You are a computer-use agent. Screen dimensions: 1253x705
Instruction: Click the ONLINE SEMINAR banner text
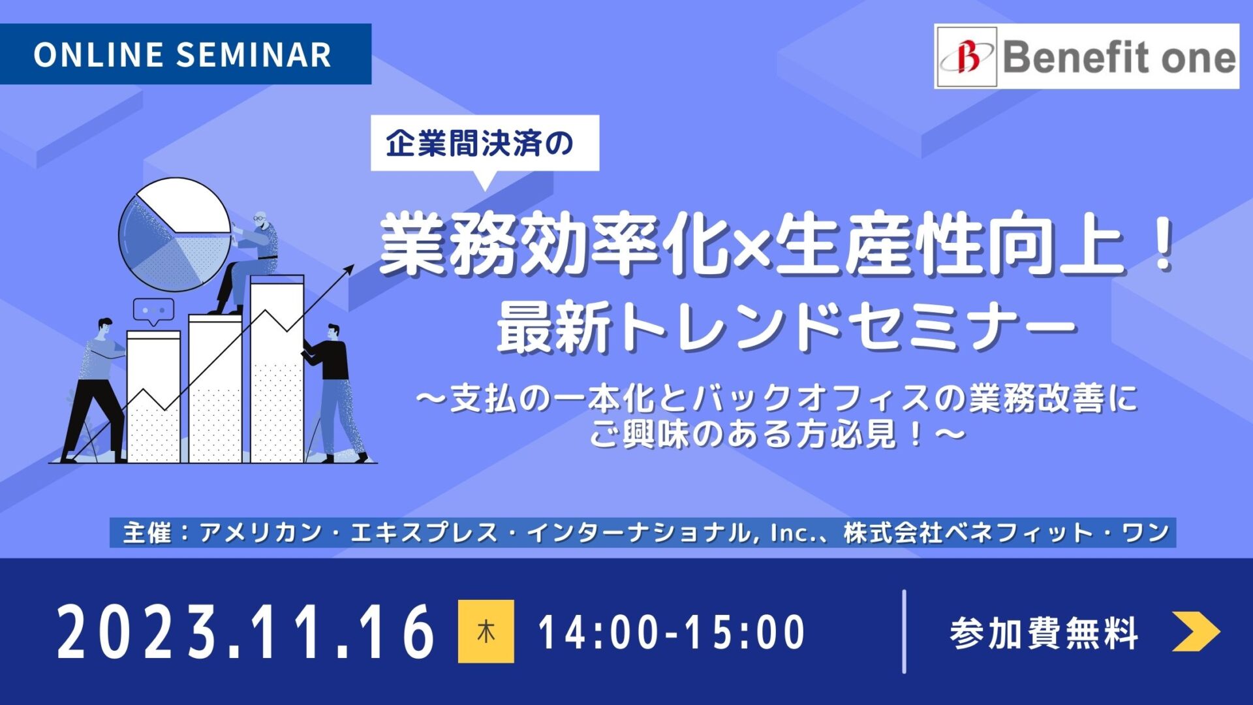tap(183, 54)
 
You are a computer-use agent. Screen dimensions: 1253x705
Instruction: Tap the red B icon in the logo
tap(968, 57)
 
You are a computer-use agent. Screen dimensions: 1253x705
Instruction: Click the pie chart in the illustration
tap(174, 234)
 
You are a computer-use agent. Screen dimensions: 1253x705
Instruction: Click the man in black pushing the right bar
tap(336, 392)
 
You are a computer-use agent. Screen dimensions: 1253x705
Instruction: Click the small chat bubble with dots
tap(153, 312)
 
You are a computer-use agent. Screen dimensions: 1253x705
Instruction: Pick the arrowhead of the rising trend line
tap(349, 270)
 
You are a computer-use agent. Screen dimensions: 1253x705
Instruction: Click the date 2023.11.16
tap(246, 631)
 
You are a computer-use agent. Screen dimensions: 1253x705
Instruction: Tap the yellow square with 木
tap(486, 631)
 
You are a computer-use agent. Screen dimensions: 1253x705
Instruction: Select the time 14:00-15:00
tap(672, 632)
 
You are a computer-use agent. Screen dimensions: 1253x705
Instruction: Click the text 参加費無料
tap(1044, 633)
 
